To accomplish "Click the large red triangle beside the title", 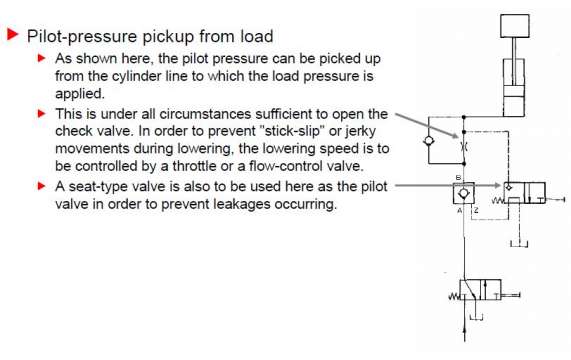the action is pyautogui.click(x=13, y=34).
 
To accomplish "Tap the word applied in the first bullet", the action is pyautogui.click(x=80, y=94).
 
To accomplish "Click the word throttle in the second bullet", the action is pyautogui.click(x=194, y=166).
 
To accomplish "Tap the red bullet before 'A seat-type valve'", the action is pyautogui.click(x=42, y=186).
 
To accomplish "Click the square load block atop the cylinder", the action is pyautogui.click(x=515, y=26).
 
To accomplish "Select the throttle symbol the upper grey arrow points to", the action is pyautogui.click(x=464, y=147).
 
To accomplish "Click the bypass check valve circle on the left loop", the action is pyautogui.click(x=429, y=141).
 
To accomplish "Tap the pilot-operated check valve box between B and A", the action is pyautogui.click(x=464, y=193).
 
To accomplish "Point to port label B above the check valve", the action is pyautogui.click(x=458, y=178).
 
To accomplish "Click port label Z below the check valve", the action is pyautogui.click(x=476, y=210).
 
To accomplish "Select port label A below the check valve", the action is pyautogui.click(x=459, y=210).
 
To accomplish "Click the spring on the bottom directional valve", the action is pyautogui.click(x=454, y=296).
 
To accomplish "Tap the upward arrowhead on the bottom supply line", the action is pyautogui.click(x=465, y=330).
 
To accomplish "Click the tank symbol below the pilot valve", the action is pyautogui.click(x=519, y=244).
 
